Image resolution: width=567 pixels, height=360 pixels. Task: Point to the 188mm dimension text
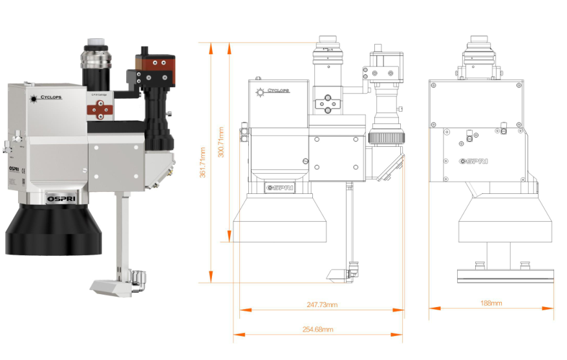(x=491, y=302)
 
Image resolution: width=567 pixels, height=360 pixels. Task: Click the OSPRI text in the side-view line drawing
(x=280, y=187)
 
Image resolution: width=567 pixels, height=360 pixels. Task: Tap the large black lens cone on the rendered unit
(x=53, y=229)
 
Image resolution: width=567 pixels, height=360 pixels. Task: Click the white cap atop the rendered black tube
(x=94, y=47)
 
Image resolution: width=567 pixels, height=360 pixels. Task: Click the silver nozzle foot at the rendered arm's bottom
(x=112, y=284)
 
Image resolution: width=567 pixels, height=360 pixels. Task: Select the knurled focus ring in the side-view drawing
(x=387, y=137)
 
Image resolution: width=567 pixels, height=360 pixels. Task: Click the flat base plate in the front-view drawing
(x=506, y=275)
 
